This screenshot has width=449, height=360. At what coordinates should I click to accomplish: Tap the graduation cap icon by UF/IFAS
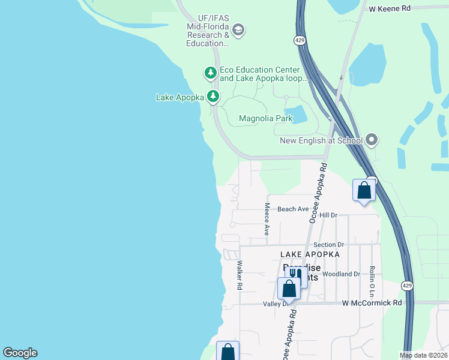[x=238, y=31]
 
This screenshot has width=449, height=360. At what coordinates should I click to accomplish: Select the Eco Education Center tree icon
[x=210, y=73]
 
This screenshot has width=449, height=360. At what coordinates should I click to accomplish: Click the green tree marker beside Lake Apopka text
[x=212, y=96]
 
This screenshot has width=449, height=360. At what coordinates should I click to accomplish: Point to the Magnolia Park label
[x=265, y=118]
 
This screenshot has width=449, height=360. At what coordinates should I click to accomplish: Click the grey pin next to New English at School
[x=372, y=140]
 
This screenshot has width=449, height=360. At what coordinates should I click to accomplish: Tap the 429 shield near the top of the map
[x=298, y=40]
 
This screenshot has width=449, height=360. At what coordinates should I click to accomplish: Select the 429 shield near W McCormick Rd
[x=406, y=284]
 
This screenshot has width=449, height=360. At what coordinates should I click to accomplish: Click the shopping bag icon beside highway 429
[x=364, y=191]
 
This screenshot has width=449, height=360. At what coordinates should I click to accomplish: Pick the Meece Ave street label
[x=267, y=218]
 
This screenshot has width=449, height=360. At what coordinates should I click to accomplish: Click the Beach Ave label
[x=293, y=209]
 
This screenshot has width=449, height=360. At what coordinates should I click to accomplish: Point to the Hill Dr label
[x=329, y=215]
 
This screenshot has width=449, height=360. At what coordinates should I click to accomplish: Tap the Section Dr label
[x=328, y=245]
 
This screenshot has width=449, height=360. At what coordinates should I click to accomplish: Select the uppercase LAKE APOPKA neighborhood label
[x=310, y=254]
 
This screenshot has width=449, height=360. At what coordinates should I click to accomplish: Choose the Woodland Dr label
[x=341, y=274]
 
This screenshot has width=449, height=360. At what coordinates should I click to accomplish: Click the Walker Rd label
[x=240, y=275]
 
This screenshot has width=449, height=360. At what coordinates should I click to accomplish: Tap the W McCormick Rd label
[x=372, y=303]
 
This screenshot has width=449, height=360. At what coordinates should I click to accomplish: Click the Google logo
[x=20, y=353]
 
